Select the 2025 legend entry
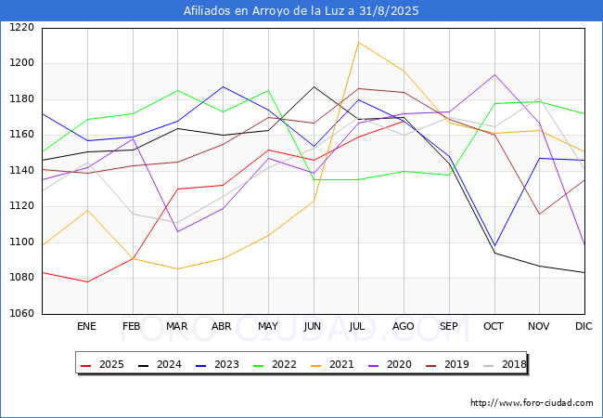(103, 364)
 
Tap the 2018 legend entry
(505, 364)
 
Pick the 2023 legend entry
(218, 364)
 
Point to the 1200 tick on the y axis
(22, 63)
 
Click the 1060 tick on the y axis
(22, 313)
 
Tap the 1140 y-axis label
(22, 170)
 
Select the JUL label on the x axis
(357, 326)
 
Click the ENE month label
(86, 326)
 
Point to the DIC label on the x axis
(584, 326)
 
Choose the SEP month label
(448, 326)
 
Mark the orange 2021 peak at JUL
(359, 43)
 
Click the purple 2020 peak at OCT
(495, 74)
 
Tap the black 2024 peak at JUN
(314, 87)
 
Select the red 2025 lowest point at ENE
(88, 281)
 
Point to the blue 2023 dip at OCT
(495, 245)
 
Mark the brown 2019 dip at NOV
(540, 214)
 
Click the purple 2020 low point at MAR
(178, 231)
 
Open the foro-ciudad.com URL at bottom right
(532, 403)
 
